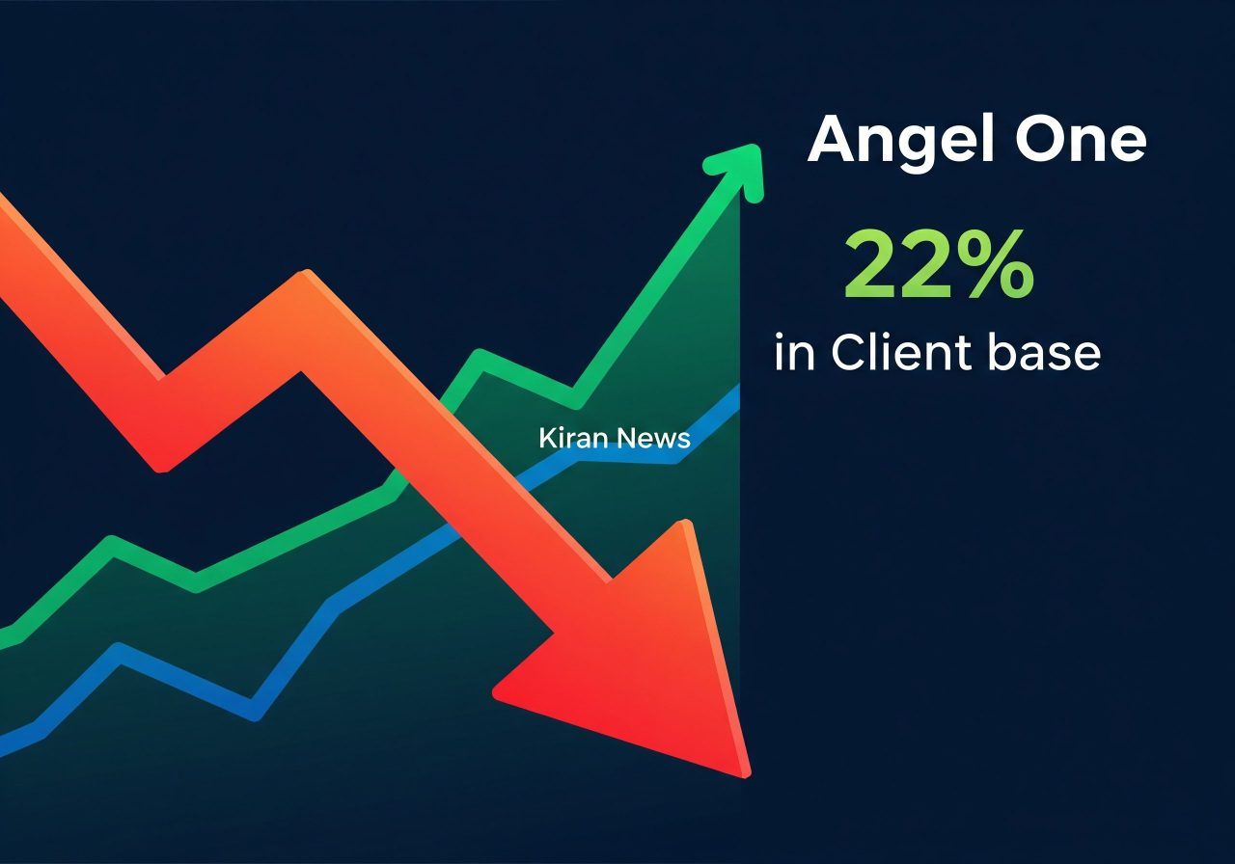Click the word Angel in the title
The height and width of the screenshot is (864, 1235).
(902, 141)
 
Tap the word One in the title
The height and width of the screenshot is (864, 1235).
(1081, 141)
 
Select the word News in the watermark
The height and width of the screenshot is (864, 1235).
(653, 439)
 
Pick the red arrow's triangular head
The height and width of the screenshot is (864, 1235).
(656, 656)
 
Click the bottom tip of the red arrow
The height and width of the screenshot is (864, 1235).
(745, 771)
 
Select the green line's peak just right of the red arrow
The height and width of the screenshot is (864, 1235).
(480, 358)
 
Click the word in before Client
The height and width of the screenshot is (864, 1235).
(794, 353)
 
